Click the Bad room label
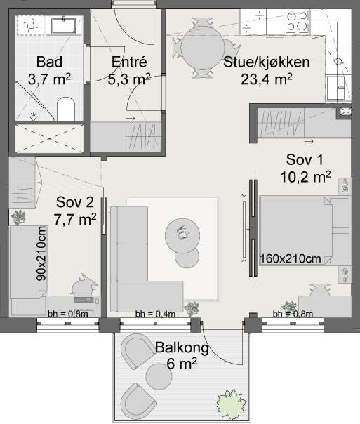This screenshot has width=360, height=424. point(49,70)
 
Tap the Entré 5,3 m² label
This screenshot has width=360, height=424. point(129,70)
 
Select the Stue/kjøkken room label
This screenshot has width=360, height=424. point(267,70)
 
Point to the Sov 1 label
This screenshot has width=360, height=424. point(305,168)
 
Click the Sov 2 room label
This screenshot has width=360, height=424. point(75,211)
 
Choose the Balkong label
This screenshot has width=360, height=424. point(182,355)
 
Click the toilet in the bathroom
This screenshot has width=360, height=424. point(66,109)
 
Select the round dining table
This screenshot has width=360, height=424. point(202,48)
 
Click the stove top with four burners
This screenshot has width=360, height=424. point(298,22)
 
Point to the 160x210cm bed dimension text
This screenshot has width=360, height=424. point(291,259)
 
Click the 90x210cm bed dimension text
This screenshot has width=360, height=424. point(41,253)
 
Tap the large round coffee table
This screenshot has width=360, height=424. point(182,235)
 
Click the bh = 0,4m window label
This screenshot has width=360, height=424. point(155,314)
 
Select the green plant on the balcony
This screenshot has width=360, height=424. point(231,402)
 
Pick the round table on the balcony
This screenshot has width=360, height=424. point(159,376)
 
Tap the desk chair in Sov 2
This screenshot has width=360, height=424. point(83,286)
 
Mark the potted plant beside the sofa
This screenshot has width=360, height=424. point(192,309)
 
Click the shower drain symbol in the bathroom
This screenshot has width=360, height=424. point(34,117)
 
